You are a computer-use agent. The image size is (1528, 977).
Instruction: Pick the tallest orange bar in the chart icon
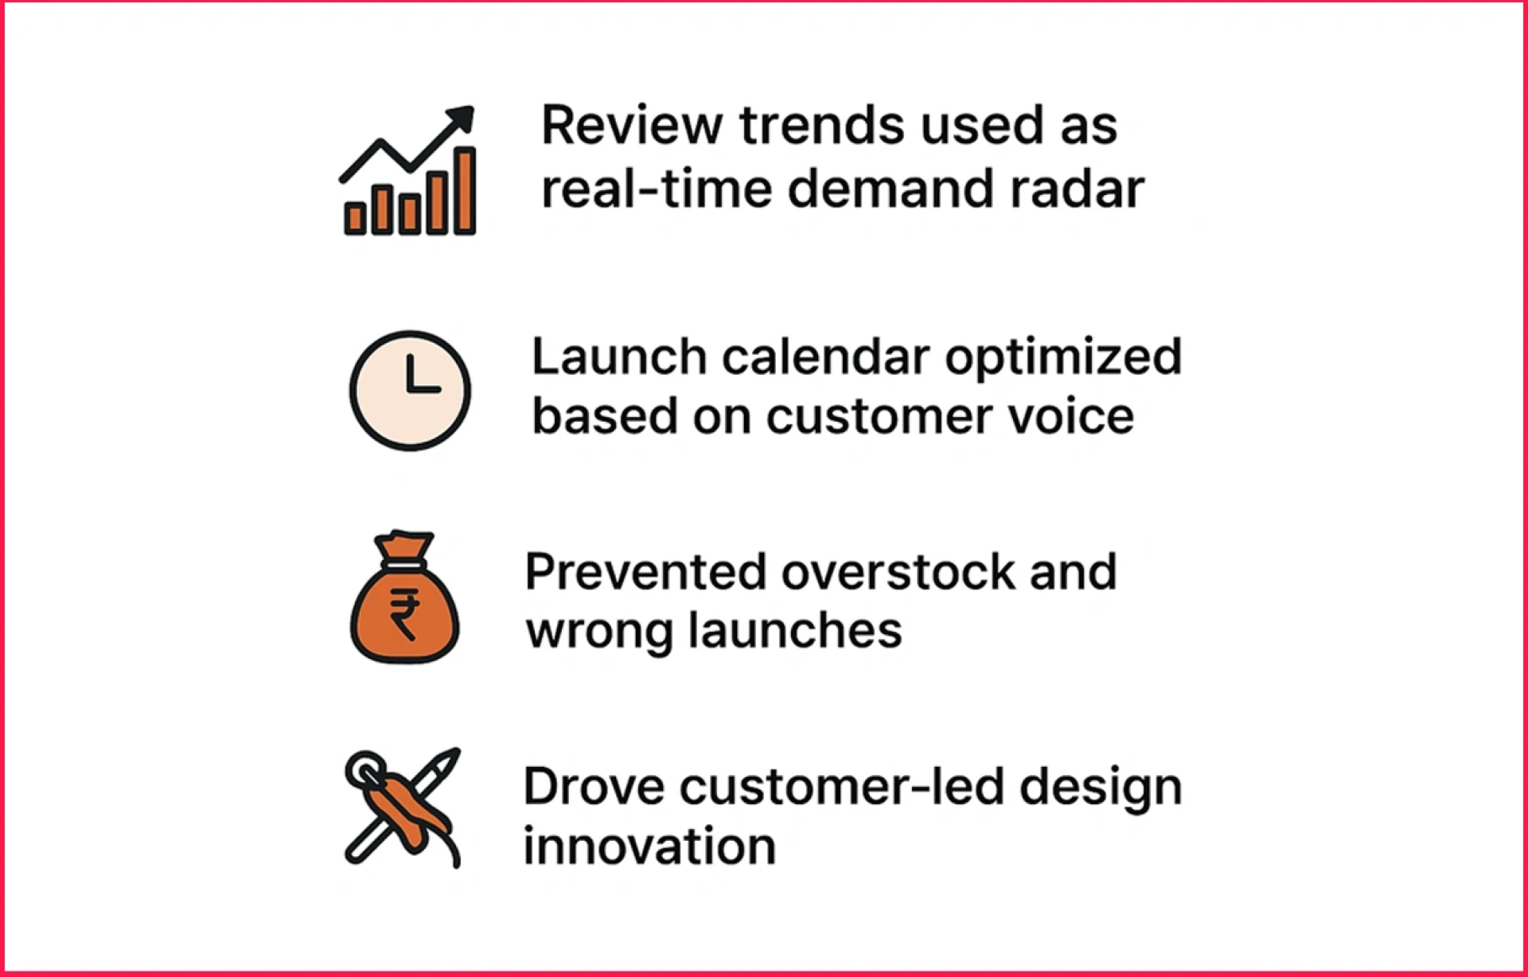pyautogui.click(x=465, y=191)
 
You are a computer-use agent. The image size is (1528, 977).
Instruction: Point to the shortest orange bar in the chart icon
pyautogui.click(x=355, y=218)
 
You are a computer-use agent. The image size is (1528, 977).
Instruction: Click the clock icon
pyautogui.click(x=410, y=391)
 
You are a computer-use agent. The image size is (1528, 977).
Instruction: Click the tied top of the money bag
pyautogui.click(x=404, y=545)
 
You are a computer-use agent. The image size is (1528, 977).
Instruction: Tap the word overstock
pyautogui.click(x=898, y=572)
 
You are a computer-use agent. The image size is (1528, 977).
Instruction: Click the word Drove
pyautogui.click(x=593, y=787)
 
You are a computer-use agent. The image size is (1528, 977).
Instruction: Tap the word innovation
pyautogui.click(x=649, y=846)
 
